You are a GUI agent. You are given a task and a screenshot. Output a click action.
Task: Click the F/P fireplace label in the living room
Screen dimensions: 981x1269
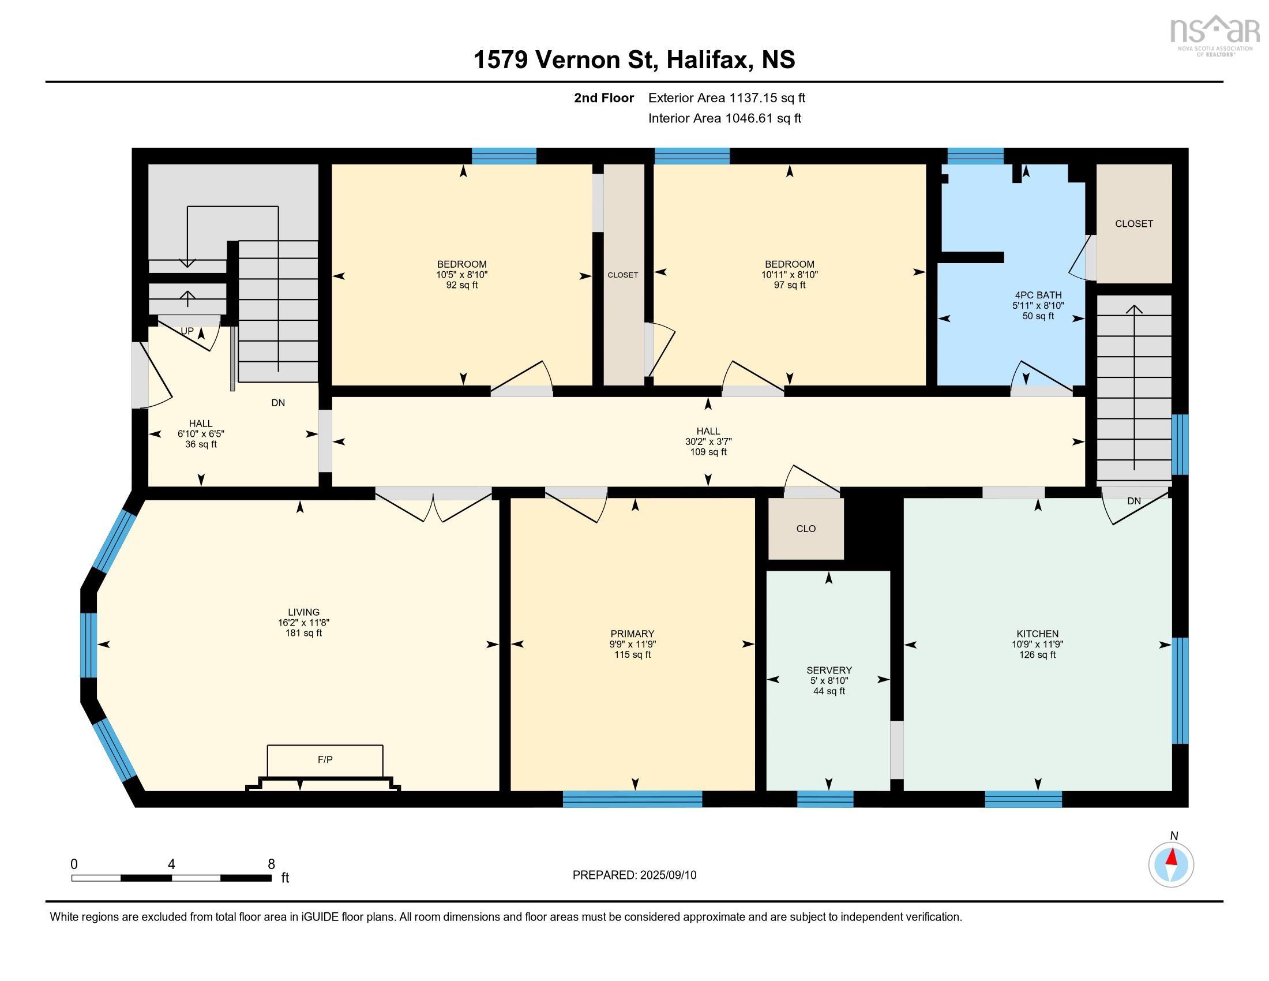325,759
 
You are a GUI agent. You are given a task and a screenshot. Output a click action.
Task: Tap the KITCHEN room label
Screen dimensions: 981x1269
1037,634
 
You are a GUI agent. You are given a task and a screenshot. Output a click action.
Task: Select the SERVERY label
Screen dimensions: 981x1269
828,670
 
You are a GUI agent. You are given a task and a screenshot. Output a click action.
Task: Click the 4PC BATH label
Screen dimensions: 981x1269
1038,295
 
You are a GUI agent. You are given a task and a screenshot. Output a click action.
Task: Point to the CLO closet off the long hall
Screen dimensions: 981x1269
806,529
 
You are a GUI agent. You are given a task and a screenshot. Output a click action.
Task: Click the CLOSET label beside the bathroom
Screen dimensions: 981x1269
1133,224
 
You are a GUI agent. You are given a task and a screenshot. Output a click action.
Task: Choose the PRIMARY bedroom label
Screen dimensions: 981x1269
632,634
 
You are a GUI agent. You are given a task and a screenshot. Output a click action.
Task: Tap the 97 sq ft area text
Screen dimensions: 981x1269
789,285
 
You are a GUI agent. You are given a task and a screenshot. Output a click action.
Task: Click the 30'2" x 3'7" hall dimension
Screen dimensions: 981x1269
708,441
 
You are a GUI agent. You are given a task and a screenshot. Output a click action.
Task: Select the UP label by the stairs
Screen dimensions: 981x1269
186,331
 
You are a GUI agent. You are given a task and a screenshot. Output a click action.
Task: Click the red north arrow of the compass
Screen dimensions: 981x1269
1173,857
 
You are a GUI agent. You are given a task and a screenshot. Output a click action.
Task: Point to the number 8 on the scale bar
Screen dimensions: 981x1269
271,864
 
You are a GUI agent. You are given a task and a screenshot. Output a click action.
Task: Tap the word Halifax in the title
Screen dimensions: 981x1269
707,60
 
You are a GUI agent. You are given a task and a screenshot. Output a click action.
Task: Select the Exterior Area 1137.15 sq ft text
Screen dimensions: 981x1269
726,98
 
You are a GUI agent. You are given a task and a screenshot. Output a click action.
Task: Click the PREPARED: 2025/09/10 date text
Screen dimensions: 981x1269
634,875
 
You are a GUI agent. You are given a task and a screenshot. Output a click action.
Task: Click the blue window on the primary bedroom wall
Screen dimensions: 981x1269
632,799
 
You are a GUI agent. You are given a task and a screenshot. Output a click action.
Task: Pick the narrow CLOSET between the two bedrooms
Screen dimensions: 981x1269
623,275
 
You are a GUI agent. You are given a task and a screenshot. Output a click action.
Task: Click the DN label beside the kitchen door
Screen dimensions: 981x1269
1133,501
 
